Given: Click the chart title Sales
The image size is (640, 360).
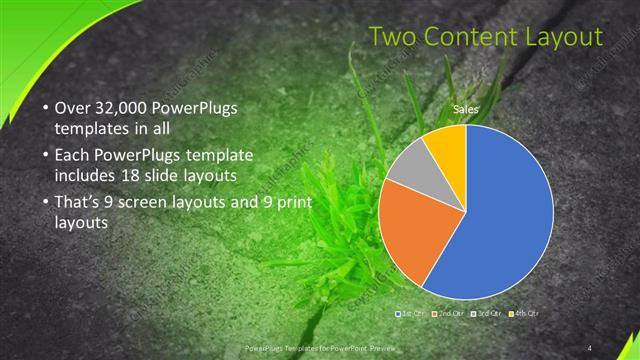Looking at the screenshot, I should click(x=465, y=108).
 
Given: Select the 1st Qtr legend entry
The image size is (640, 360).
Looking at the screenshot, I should click(x=413, y=314).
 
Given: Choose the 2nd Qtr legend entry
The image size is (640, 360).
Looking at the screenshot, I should click(x=450, y=314).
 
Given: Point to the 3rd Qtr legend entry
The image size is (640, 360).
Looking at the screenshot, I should click(x=486, y=314).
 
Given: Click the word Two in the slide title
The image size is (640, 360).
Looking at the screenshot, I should click(x=391, y=38).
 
